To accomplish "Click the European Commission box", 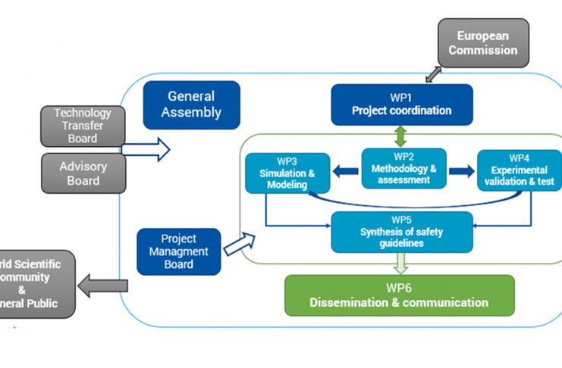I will coord(483,43).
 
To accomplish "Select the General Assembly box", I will coord(191,104).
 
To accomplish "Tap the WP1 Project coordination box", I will coord(401,104).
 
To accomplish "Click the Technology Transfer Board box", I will coord(82,126).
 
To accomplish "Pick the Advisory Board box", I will coord(82,173).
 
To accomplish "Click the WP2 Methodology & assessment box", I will coord(403,168).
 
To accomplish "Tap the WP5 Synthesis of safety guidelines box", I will coord(402,232).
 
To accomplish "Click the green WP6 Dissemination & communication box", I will coord(399,295).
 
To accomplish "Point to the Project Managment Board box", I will coord(178,251).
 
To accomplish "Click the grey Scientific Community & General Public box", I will coord(38,283).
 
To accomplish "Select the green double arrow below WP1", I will coord(402,136).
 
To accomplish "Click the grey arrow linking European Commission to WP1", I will coord(434,73).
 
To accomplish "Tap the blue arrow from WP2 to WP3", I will coord(346,171).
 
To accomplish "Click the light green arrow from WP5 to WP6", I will coord(402,263).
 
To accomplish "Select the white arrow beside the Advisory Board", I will coord(146,149).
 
